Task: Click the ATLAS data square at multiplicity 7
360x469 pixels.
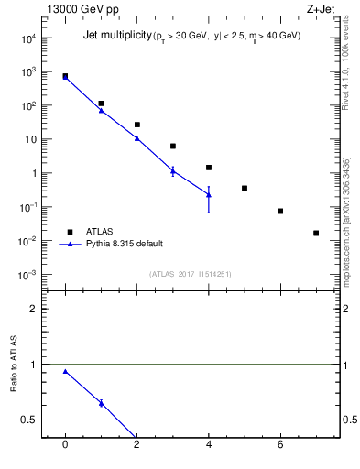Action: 316,233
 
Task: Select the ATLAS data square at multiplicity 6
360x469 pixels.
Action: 280,212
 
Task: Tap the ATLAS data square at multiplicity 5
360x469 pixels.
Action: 245,188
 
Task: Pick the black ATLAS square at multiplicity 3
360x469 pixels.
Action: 172,146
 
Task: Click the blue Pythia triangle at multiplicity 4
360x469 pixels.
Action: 209,194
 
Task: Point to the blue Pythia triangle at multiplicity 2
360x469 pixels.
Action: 136,138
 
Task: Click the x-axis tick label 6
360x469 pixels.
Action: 280,446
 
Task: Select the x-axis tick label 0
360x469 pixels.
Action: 65,446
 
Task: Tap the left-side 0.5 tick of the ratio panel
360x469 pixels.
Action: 28,420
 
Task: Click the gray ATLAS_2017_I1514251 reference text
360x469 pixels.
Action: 190,273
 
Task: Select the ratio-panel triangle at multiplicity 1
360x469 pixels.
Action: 101,403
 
